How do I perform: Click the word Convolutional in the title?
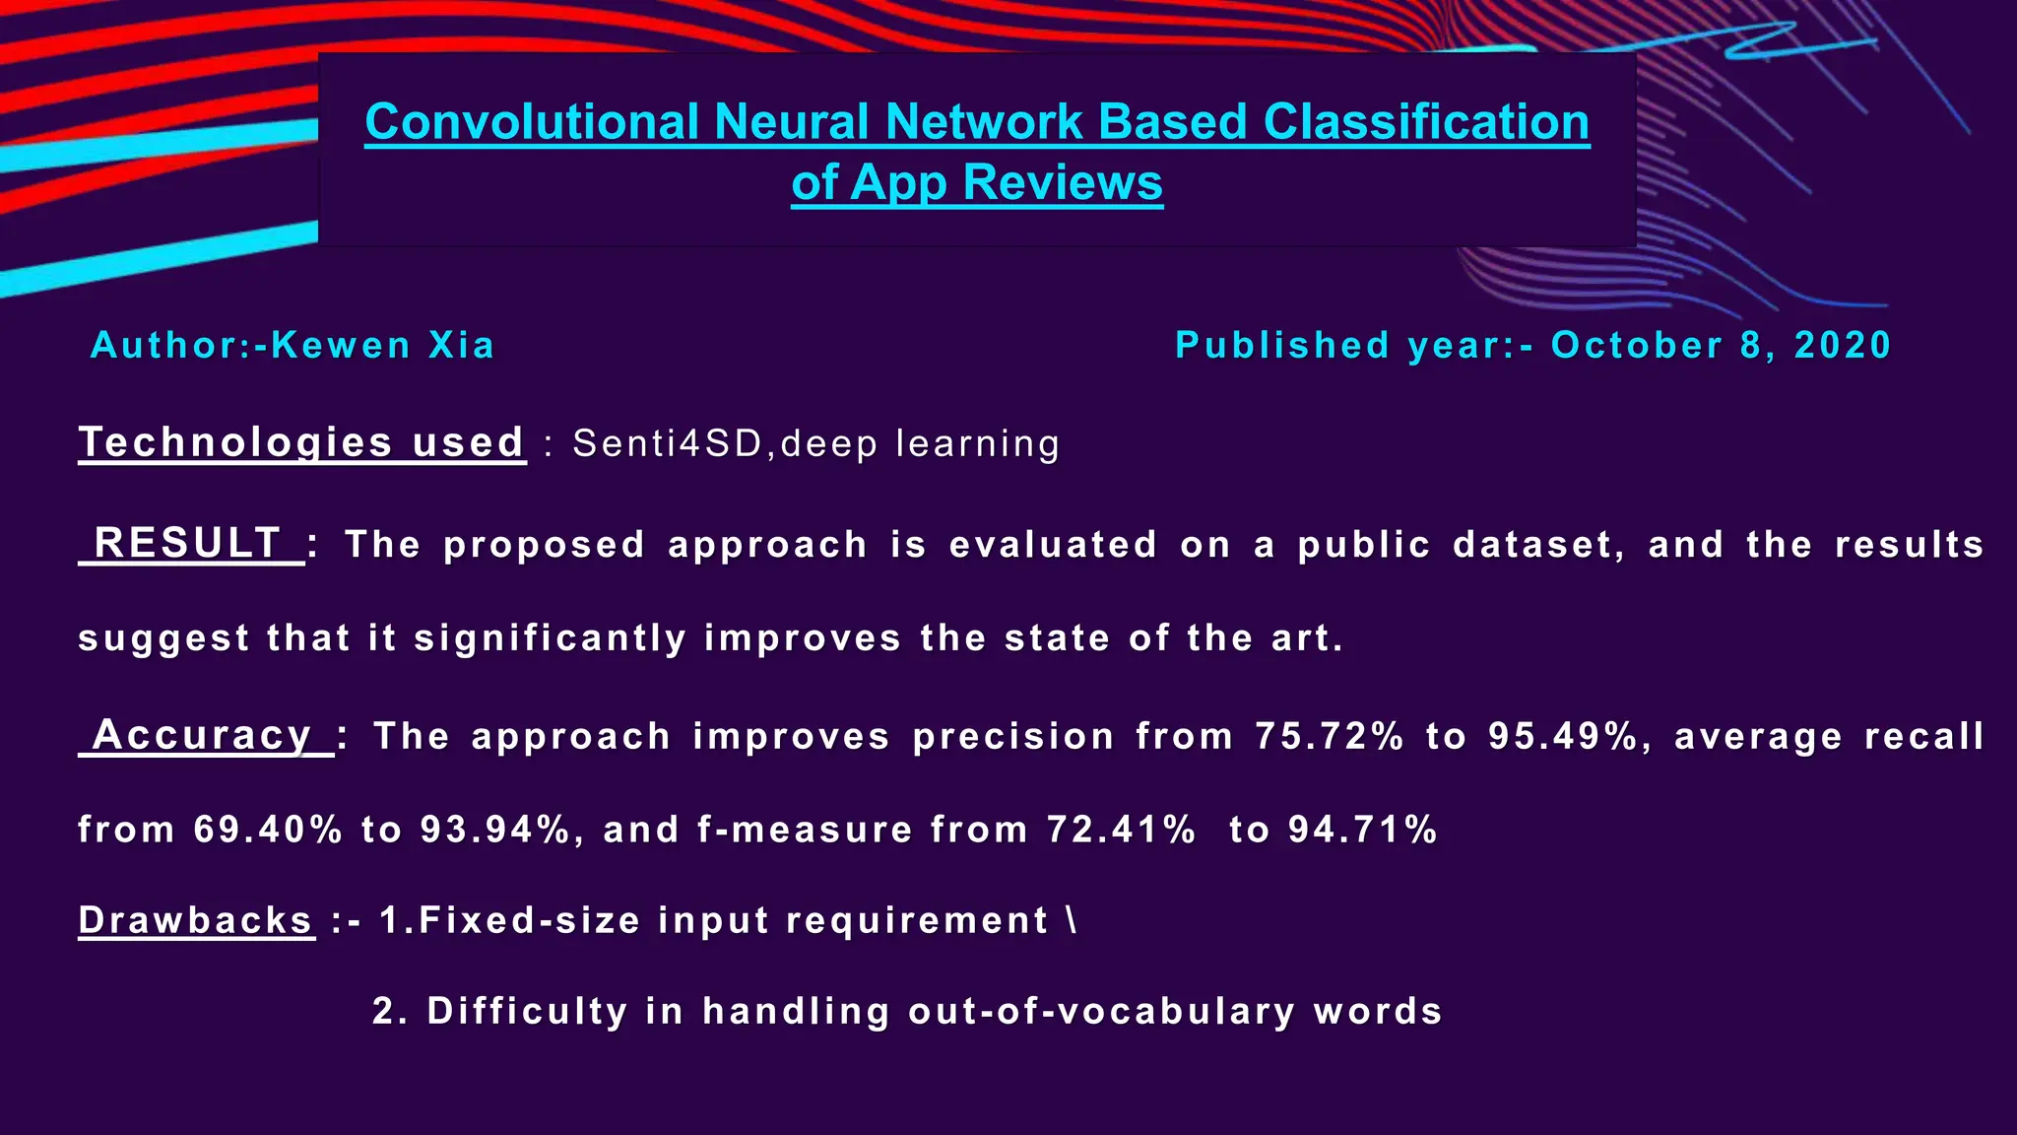pyautogui.click(x=532, y=122)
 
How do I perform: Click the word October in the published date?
pyautogui.click(x=1636, y=346)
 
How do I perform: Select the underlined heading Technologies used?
pyautogui.click(x=301, y=442)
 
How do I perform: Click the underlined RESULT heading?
pyautogui.click(x=188, y=543)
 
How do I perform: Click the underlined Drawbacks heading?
pyautogui.click(x=196, y=920)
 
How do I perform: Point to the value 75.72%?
pyautogui.click(x=1329, y=736)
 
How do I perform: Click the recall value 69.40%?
pyautogui.click(x=267, y=830)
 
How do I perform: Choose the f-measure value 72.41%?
pyautogui.click(x=1121, y=830)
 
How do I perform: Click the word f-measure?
pyautogui.click(x=805, y=830)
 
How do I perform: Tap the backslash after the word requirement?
pyautogui.click(x=1072, y=920)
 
